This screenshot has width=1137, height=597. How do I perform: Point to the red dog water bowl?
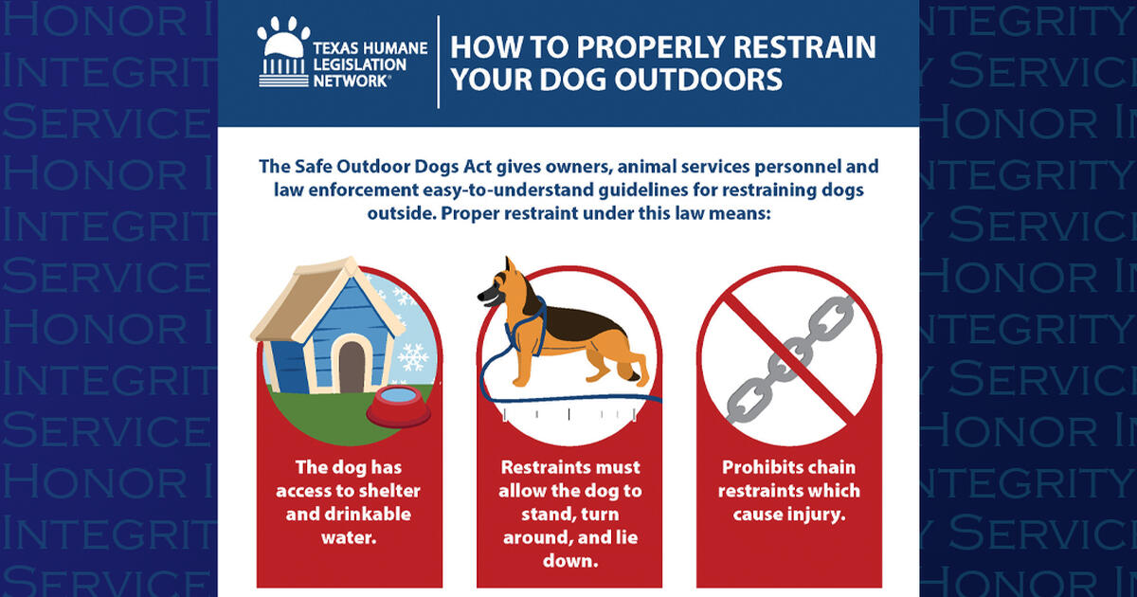coord(397,405)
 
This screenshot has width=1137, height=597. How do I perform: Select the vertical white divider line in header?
coord(439,62)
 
